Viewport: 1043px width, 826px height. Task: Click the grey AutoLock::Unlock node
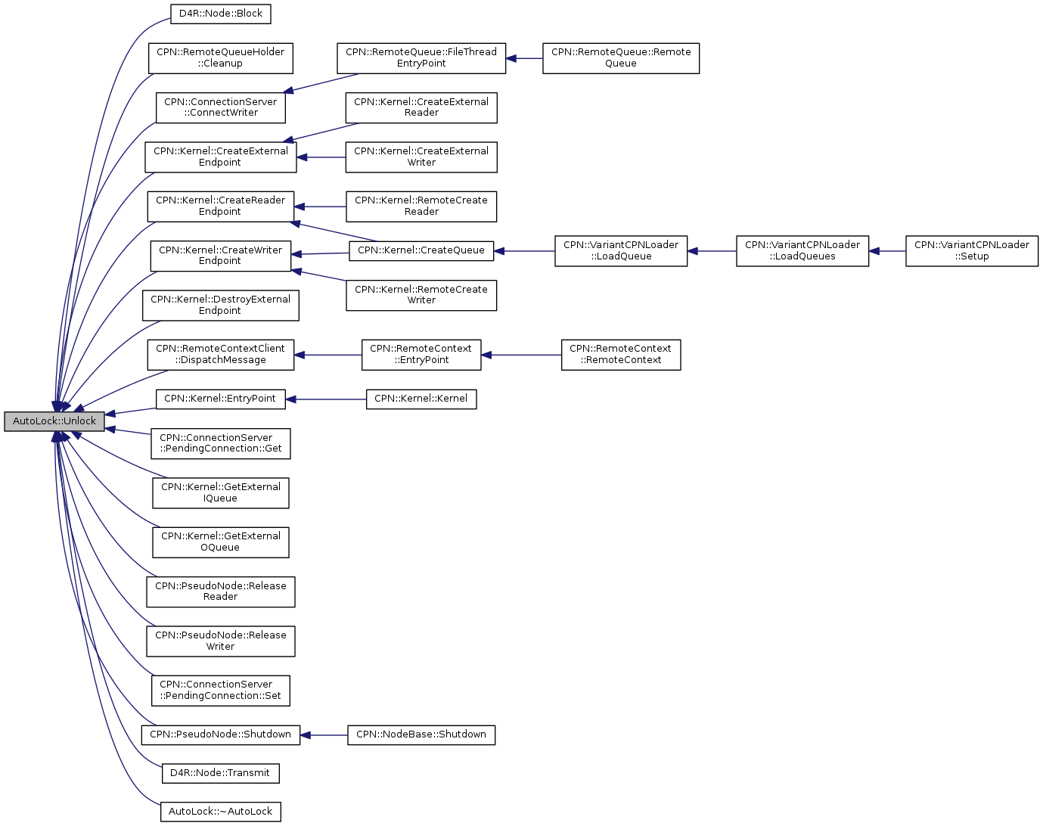[54, 421]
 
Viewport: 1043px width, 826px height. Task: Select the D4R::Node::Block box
[221, 14]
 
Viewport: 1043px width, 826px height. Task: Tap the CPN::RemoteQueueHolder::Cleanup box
[221, 57]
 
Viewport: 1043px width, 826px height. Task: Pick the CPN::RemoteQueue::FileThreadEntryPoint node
[421, 57]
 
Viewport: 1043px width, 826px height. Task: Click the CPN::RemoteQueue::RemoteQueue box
[621, 57]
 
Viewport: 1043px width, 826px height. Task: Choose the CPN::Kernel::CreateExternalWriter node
[421, 157]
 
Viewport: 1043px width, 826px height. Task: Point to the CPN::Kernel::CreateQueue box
[421, 250]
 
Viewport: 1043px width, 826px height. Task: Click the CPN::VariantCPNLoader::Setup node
[972, 250]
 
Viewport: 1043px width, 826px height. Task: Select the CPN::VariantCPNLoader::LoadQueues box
[802, 250]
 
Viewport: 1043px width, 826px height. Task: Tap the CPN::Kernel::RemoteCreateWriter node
[421, 295]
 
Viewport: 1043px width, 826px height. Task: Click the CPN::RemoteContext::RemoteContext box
[621, 355]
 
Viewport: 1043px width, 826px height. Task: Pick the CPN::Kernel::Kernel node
[421, 399]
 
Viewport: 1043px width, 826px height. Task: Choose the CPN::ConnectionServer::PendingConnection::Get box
[221, 443]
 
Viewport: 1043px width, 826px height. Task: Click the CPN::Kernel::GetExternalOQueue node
[221, 542]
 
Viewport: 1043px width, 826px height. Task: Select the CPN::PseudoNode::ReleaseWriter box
[221, 641]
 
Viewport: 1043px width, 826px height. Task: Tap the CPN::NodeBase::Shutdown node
[421, 735]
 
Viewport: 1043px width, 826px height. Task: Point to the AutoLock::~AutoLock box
[221, 812]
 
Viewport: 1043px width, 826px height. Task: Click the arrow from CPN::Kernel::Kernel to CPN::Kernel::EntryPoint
[326, 399]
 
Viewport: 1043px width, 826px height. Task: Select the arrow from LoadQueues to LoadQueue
[712, 251]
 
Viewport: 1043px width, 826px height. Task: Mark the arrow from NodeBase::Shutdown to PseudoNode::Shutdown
[324, 735]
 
